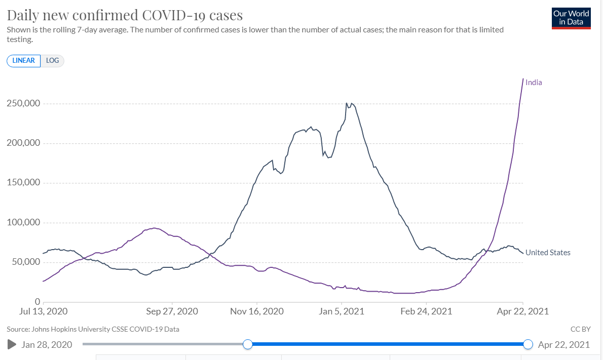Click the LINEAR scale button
23,61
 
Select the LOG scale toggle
52,61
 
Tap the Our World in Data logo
571,18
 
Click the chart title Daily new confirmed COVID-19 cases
125,15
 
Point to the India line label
534,83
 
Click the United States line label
548,253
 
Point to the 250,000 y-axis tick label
23,103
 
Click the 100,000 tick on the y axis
23,222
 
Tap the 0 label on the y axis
37,302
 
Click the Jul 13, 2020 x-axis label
44,311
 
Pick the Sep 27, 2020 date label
172,311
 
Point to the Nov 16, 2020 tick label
257,311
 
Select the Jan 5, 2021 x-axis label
342,311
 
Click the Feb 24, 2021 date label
426,311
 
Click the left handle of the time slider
248,344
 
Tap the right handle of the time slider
528,344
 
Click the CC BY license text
581,329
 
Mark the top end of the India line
523,79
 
